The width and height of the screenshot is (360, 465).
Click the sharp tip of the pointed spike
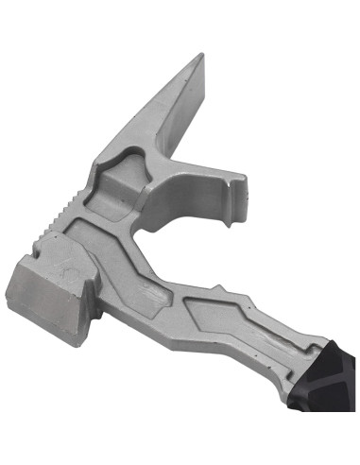click(x=200, y=56)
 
